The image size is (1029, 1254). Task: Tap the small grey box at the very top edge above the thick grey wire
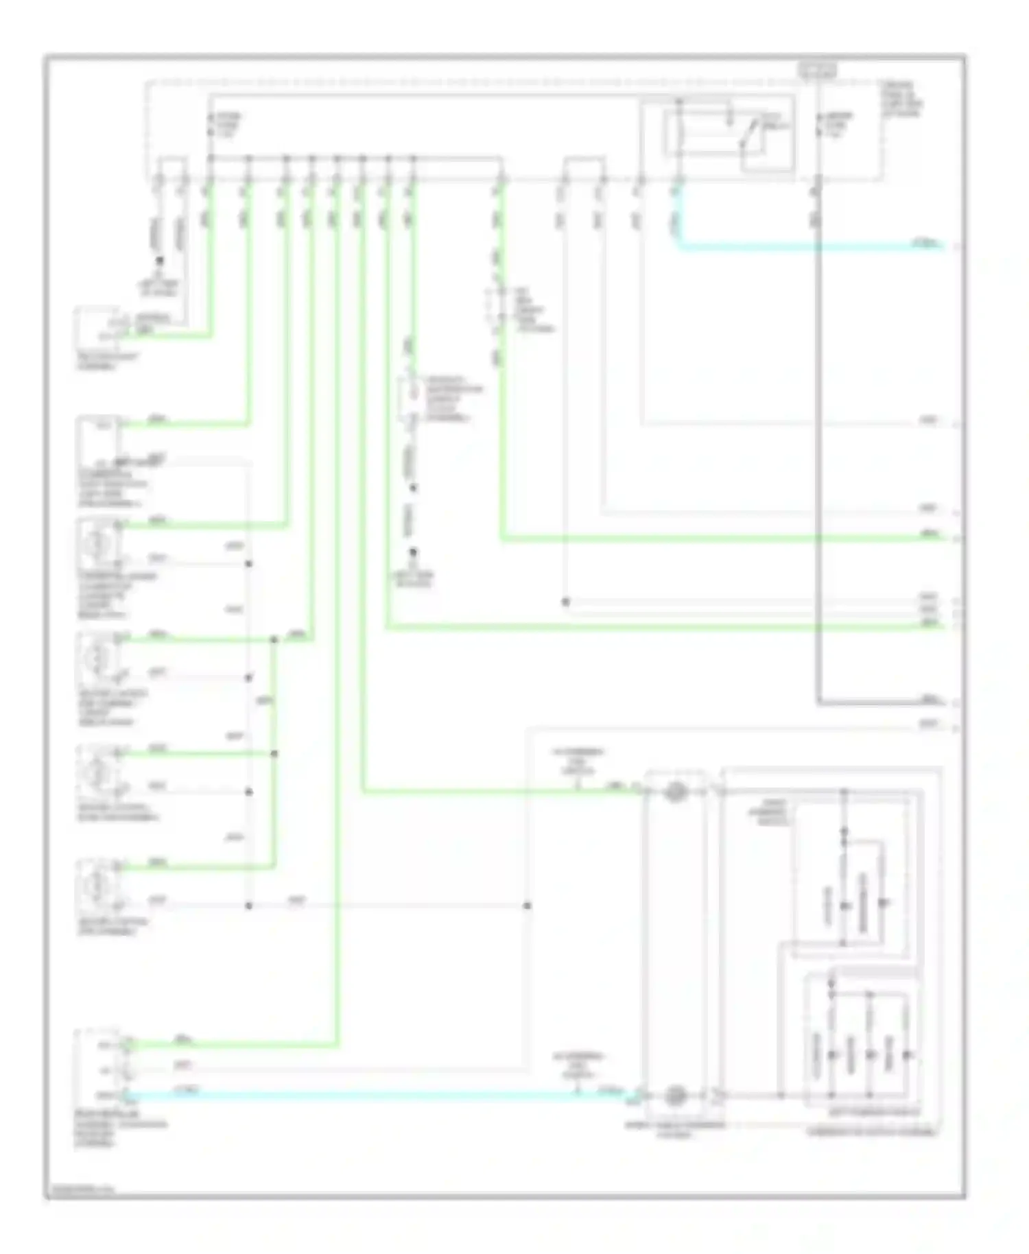[817, 69]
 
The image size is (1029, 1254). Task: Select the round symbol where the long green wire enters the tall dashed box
[676, 792]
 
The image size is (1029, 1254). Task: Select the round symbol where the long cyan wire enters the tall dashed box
[676, 1095]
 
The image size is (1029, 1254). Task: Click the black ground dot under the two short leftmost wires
[160, 261]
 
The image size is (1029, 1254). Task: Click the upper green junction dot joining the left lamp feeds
[274, 639]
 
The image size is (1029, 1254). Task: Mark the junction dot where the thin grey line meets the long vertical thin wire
[565, 602]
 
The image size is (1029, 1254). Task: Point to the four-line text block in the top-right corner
[903, 100]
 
